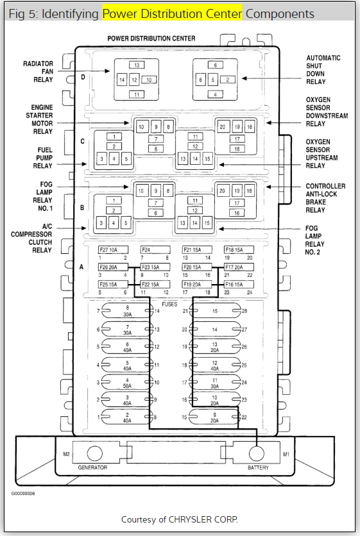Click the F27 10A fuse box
(114, 250)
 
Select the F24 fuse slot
(155, 250)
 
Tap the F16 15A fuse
(239, 285)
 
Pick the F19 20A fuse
(197, 285)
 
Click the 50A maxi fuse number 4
(127, 383)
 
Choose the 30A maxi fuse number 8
(127, 311)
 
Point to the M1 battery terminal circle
(256, 454)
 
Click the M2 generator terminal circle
(95, 454)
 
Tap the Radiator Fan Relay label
(38, 72)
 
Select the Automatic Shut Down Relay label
(323, 70)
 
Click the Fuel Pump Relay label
(44, 158)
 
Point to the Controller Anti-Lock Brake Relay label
(325, 198)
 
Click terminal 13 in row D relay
(137, 65)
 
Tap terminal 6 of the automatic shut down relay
(215, 65)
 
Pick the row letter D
(83, 77)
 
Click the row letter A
(81, 267)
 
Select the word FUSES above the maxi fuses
(169, 305)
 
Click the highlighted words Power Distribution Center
(172, 13)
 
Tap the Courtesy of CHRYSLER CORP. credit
(180, 519)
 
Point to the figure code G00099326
(23, 494)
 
